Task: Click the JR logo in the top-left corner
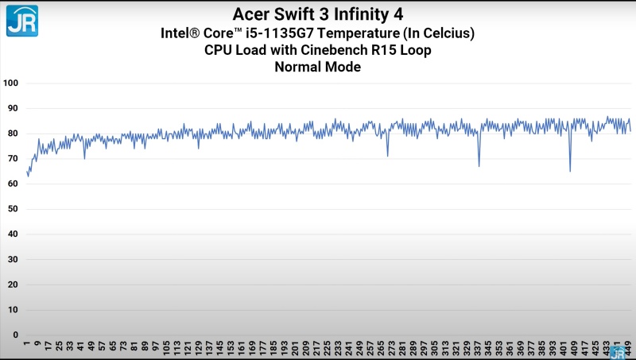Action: (22, 21)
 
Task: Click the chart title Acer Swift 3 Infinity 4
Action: (317, 14)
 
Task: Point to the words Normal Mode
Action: (317, 67)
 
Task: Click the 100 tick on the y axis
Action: (10, 83)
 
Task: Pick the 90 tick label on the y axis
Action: (13, 108)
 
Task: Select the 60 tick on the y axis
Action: (13, 184)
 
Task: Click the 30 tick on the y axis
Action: (13, 259)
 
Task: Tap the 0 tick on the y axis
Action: (16, 335)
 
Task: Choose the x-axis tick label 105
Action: (167, 348)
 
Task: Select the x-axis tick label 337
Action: (478, 348)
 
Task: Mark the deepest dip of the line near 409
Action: (570, 171)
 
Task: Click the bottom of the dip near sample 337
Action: (479, 166)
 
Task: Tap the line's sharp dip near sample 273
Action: (388, 156)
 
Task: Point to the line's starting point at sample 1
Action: (27, 172)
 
